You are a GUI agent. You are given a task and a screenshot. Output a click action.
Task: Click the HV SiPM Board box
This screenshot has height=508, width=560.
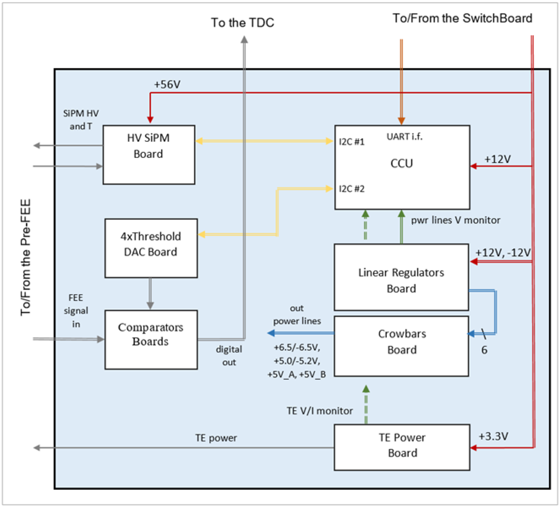click(x=149, y=155)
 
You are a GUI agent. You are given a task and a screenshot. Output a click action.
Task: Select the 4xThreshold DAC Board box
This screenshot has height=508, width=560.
click(x=151, y=248)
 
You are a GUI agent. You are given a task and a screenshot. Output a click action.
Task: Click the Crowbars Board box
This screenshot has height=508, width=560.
click(x=401, y=346)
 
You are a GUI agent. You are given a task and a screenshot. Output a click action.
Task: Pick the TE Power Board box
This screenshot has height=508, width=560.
click(x=402, y=447)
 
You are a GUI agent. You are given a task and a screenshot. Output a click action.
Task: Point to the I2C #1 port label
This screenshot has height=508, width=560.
click(x=351, y=142)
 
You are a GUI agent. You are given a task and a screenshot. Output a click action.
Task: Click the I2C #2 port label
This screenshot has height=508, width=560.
click(x=351, y=189)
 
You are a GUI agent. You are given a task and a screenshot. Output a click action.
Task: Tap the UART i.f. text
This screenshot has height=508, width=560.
click(x=404, y=137)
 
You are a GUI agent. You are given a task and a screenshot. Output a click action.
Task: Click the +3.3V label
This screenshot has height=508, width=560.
click(x=493, y=436)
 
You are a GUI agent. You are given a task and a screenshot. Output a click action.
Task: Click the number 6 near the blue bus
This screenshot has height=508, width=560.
click(x=484, y=350)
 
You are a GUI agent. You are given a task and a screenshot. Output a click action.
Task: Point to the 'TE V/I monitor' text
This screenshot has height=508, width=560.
click(x=319, y=411)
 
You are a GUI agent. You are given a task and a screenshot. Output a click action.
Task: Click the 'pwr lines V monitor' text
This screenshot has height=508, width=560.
click(x=455, y=220)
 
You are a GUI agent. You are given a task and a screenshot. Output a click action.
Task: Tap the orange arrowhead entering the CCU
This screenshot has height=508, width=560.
click(x=401, y=121)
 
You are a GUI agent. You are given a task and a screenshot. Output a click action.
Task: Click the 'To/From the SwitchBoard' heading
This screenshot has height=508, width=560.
click(x=462, y=18)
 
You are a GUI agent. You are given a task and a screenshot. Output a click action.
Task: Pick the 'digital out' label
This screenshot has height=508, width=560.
click(x=229, y=356)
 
